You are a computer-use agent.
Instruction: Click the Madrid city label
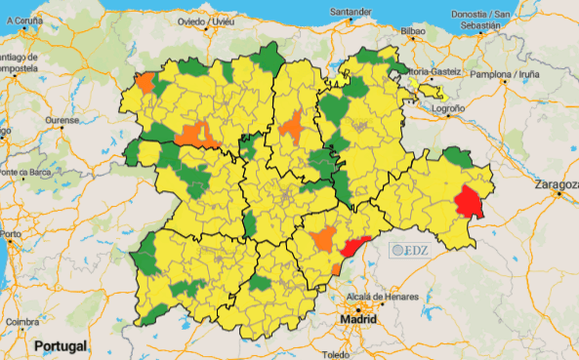(357, 319)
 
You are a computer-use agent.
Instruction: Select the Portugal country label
(61, 345)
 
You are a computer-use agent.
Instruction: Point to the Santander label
(352, 12)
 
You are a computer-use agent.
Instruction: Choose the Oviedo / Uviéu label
(207, 20)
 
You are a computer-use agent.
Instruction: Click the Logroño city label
(448, 109)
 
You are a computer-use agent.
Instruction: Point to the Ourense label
(62, 120)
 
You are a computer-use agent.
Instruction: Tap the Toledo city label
(337, 353)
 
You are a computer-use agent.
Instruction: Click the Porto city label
(11, 234)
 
